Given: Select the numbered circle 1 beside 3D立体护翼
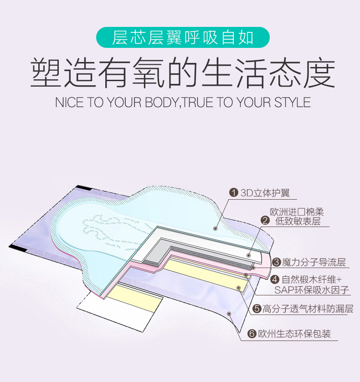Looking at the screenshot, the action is coord(234,193).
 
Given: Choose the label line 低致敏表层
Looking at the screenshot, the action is coord(298,222).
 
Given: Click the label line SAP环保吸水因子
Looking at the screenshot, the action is coord(311,290).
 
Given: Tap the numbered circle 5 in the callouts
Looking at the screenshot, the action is coord(257,310).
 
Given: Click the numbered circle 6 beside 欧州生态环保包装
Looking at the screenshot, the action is coord(252,334).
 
